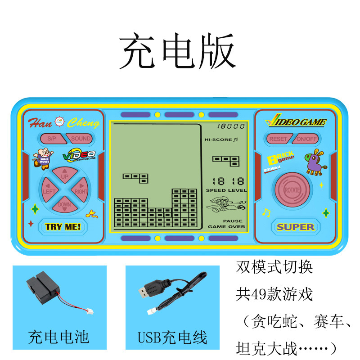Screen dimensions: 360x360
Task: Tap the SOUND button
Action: pyautogui.click(x=81, y=139)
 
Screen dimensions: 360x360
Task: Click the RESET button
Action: pyautogui.click(x=278, y=139)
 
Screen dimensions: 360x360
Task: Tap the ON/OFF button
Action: pyautogui.click(x=307, y=139)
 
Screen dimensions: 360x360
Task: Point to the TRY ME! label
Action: pyautogui.click(x=63, y=226)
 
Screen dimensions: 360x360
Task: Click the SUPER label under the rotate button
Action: pyautogui.click(x=296, y=227)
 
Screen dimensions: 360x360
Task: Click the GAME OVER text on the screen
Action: pyautogui.click(x=227, y=227)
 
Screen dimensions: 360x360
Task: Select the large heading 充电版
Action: pyautogui.click(x=178, y=52)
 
